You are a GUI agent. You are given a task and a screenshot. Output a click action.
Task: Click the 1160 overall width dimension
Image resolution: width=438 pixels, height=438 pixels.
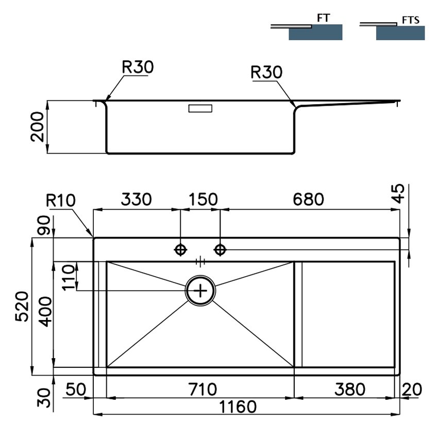238,407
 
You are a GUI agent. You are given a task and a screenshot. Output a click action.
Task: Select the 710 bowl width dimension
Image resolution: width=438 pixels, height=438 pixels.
203,389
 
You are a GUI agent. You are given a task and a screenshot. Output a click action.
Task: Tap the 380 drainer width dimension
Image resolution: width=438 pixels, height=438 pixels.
350,389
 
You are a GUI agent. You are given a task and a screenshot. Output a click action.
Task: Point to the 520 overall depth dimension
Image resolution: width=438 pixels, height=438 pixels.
22,307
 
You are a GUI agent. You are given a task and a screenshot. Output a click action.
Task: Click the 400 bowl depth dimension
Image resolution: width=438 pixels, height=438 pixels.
45,311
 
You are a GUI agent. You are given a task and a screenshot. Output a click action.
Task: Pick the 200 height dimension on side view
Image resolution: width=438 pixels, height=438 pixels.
38,127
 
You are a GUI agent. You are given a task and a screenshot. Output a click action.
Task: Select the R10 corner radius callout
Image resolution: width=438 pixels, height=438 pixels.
61,200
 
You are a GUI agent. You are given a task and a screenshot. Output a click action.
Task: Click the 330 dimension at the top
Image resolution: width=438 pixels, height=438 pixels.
136,199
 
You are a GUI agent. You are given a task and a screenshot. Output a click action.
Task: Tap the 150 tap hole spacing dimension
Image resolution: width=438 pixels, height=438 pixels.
203,199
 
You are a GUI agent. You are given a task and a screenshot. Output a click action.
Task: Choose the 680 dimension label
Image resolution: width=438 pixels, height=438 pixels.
308,199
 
